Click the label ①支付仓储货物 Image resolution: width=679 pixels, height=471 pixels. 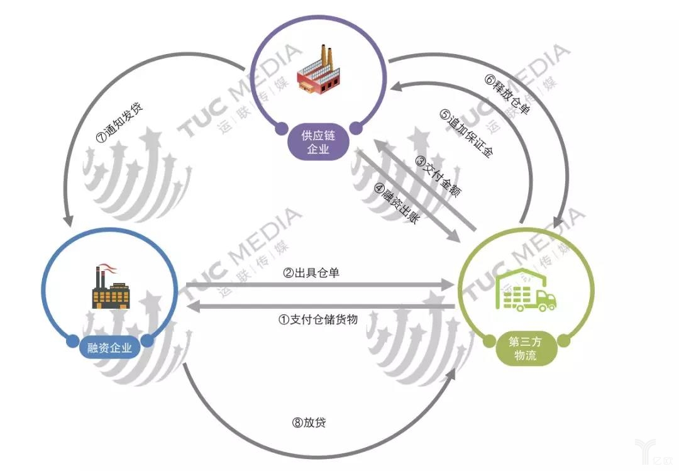318,319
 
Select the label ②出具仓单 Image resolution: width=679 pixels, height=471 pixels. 312,274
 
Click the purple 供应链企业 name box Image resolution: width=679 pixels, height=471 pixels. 318,142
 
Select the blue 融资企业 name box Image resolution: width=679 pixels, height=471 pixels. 110,348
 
